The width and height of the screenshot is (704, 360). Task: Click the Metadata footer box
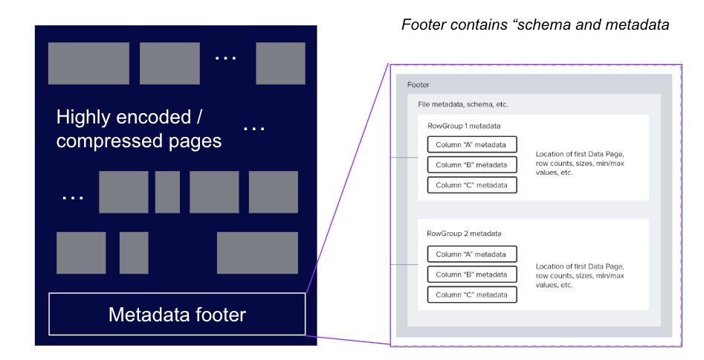pyautogui.click(x=177, y=314)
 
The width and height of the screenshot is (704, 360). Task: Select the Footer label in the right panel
pyautogui.click(x=419, y=86)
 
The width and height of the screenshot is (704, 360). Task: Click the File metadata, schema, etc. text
pyautogui.click(x=462, y=105)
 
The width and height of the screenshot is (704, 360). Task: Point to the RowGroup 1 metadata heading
pyautogui.click(x=464, y=126)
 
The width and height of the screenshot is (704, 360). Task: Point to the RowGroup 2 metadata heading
pyautogui.click(x=464, y=234)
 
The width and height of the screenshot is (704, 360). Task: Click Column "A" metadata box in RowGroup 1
pyautogui.click(x=471, y=144)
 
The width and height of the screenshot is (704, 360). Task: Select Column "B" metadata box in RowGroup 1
pyautogui.click(x=471, y=164)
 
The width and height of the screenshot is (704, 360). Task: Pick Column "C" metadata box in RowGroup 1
pyautogui.click(x=471, y=185)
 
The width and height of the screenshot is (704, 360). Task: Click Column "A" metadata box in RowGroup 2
pyautogui.click(x=471, y=254)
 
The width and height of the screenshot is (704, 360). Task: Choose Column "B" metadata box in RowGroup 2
pyautogui.click(x=471, y=274)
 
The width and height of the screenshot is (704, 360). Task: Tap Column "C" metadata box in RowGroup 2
pyautogui.click(x=471, y=295)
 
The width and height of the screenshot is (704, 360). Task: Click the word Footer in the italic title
pyautogui.click(x=424, y=25)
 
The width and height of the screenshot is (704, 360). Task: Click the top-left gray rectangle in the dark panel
pyautogui.click(x=88, y=63)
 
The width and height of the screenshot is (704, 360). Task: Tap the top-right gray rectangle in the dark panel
pyautogui.click(x=280, y=63)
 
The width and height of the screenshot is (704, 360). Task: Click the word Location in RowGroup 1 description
pyautogui.click(x=551, y=155)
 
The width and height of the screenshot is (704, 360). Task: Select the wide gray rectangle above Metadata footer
pyautogui.click(x=257, y=253)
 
